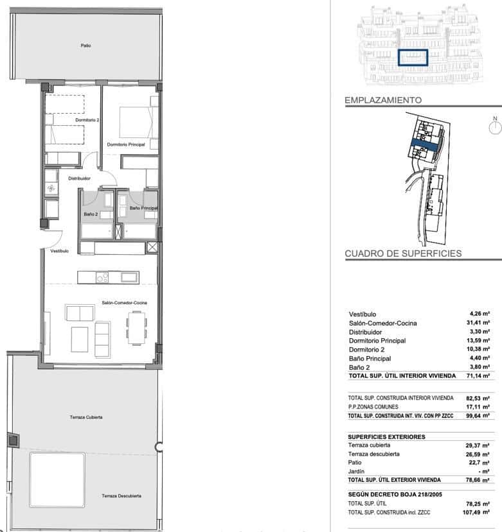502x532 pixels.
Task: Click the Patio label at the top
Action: coord(85,46)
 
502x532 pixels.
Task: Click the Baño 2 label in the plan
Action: coord(91,213)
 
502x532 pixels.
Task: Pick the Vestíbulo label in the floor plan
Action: coord(60,251)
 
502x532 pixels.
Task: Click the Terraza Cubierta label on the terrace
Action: coord(86,417)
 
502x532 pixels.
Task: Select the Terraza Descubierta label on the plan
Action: coord(121,495)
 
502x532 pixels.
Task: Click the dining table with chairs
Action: coord(136,326)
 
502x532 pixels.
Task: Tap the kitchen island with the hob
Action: coord(107,277)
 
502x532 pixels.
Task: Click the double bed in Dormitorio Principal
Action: coord(136,122)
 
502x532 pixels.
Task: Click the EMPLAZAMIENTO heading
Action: coord(383,101)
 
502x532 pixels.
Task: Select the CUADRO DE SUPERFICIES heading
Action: coord(403,253)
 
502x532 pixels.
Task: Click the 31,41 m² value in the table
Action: coord(480,323)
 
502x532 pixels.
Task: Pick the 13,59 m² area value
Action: coord(480,341)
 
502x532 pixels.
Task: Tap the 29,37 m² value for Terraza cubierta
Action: coord(480,445)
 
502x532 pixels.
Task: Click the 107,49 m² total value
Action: coord(478,512)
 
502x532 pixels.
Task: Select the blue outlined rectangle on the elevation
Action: coord(412,58)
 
